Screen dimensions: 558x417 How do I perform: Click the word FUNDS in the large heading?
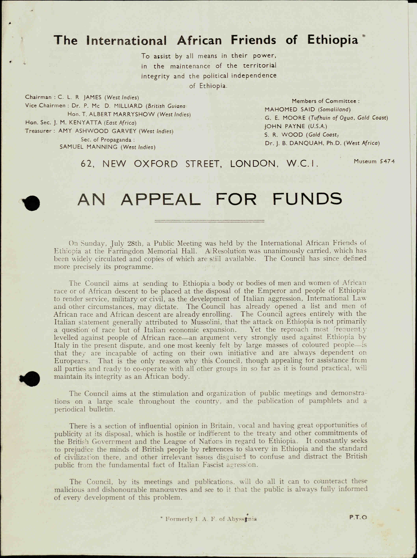tap(307, 199)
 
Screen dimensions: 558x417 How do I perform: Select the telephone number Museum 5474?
tap(374, 161)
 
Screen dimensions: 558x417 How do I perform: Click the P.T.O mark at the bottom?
tap(358, 517)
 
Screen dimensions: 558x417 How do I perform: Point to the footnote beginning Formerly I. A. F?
tap(209, 519)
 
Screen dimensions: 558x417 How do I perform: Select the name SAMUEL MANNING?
tap(90, 147)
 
